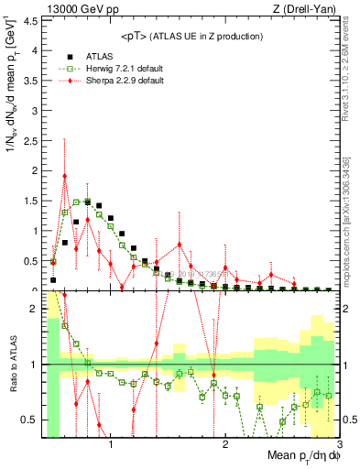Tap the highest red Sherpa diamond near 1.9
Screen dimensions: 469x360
(65, 176)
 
